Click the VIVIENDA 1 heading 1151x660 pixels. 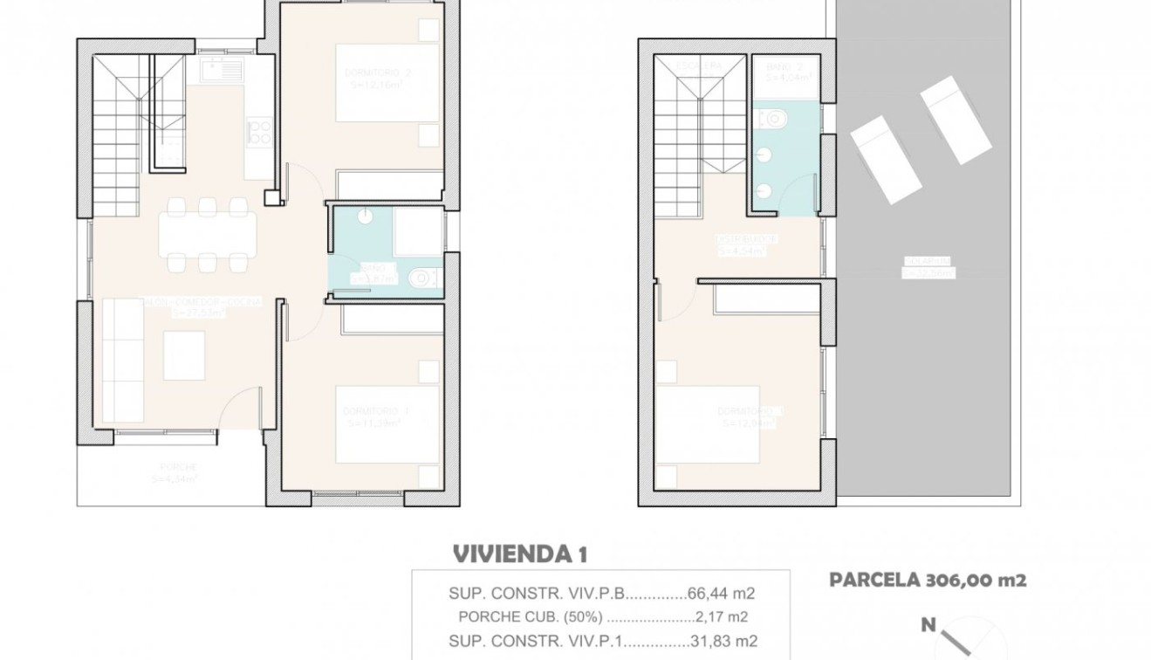point(520,554)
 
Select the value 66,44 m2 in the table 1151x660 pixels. point(721,594)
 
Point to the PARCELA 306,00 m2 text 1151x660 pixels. point(927,580)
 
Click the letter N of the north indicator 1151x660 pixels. point(929,624)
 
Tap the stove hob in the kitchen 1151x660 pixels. point(259,132)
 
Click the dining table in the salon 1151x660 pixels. point(207,233)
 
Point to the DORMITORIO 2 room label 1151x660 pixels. point(374,74)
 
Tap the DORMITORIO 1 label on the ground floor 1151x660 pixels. point(374,411)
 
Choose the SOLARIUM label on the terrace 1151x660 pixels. point(928,261)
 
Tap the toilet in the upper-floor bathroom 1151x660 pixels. point(772,116)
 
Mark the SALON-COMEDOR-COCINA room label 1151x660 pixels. point(206,302)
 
